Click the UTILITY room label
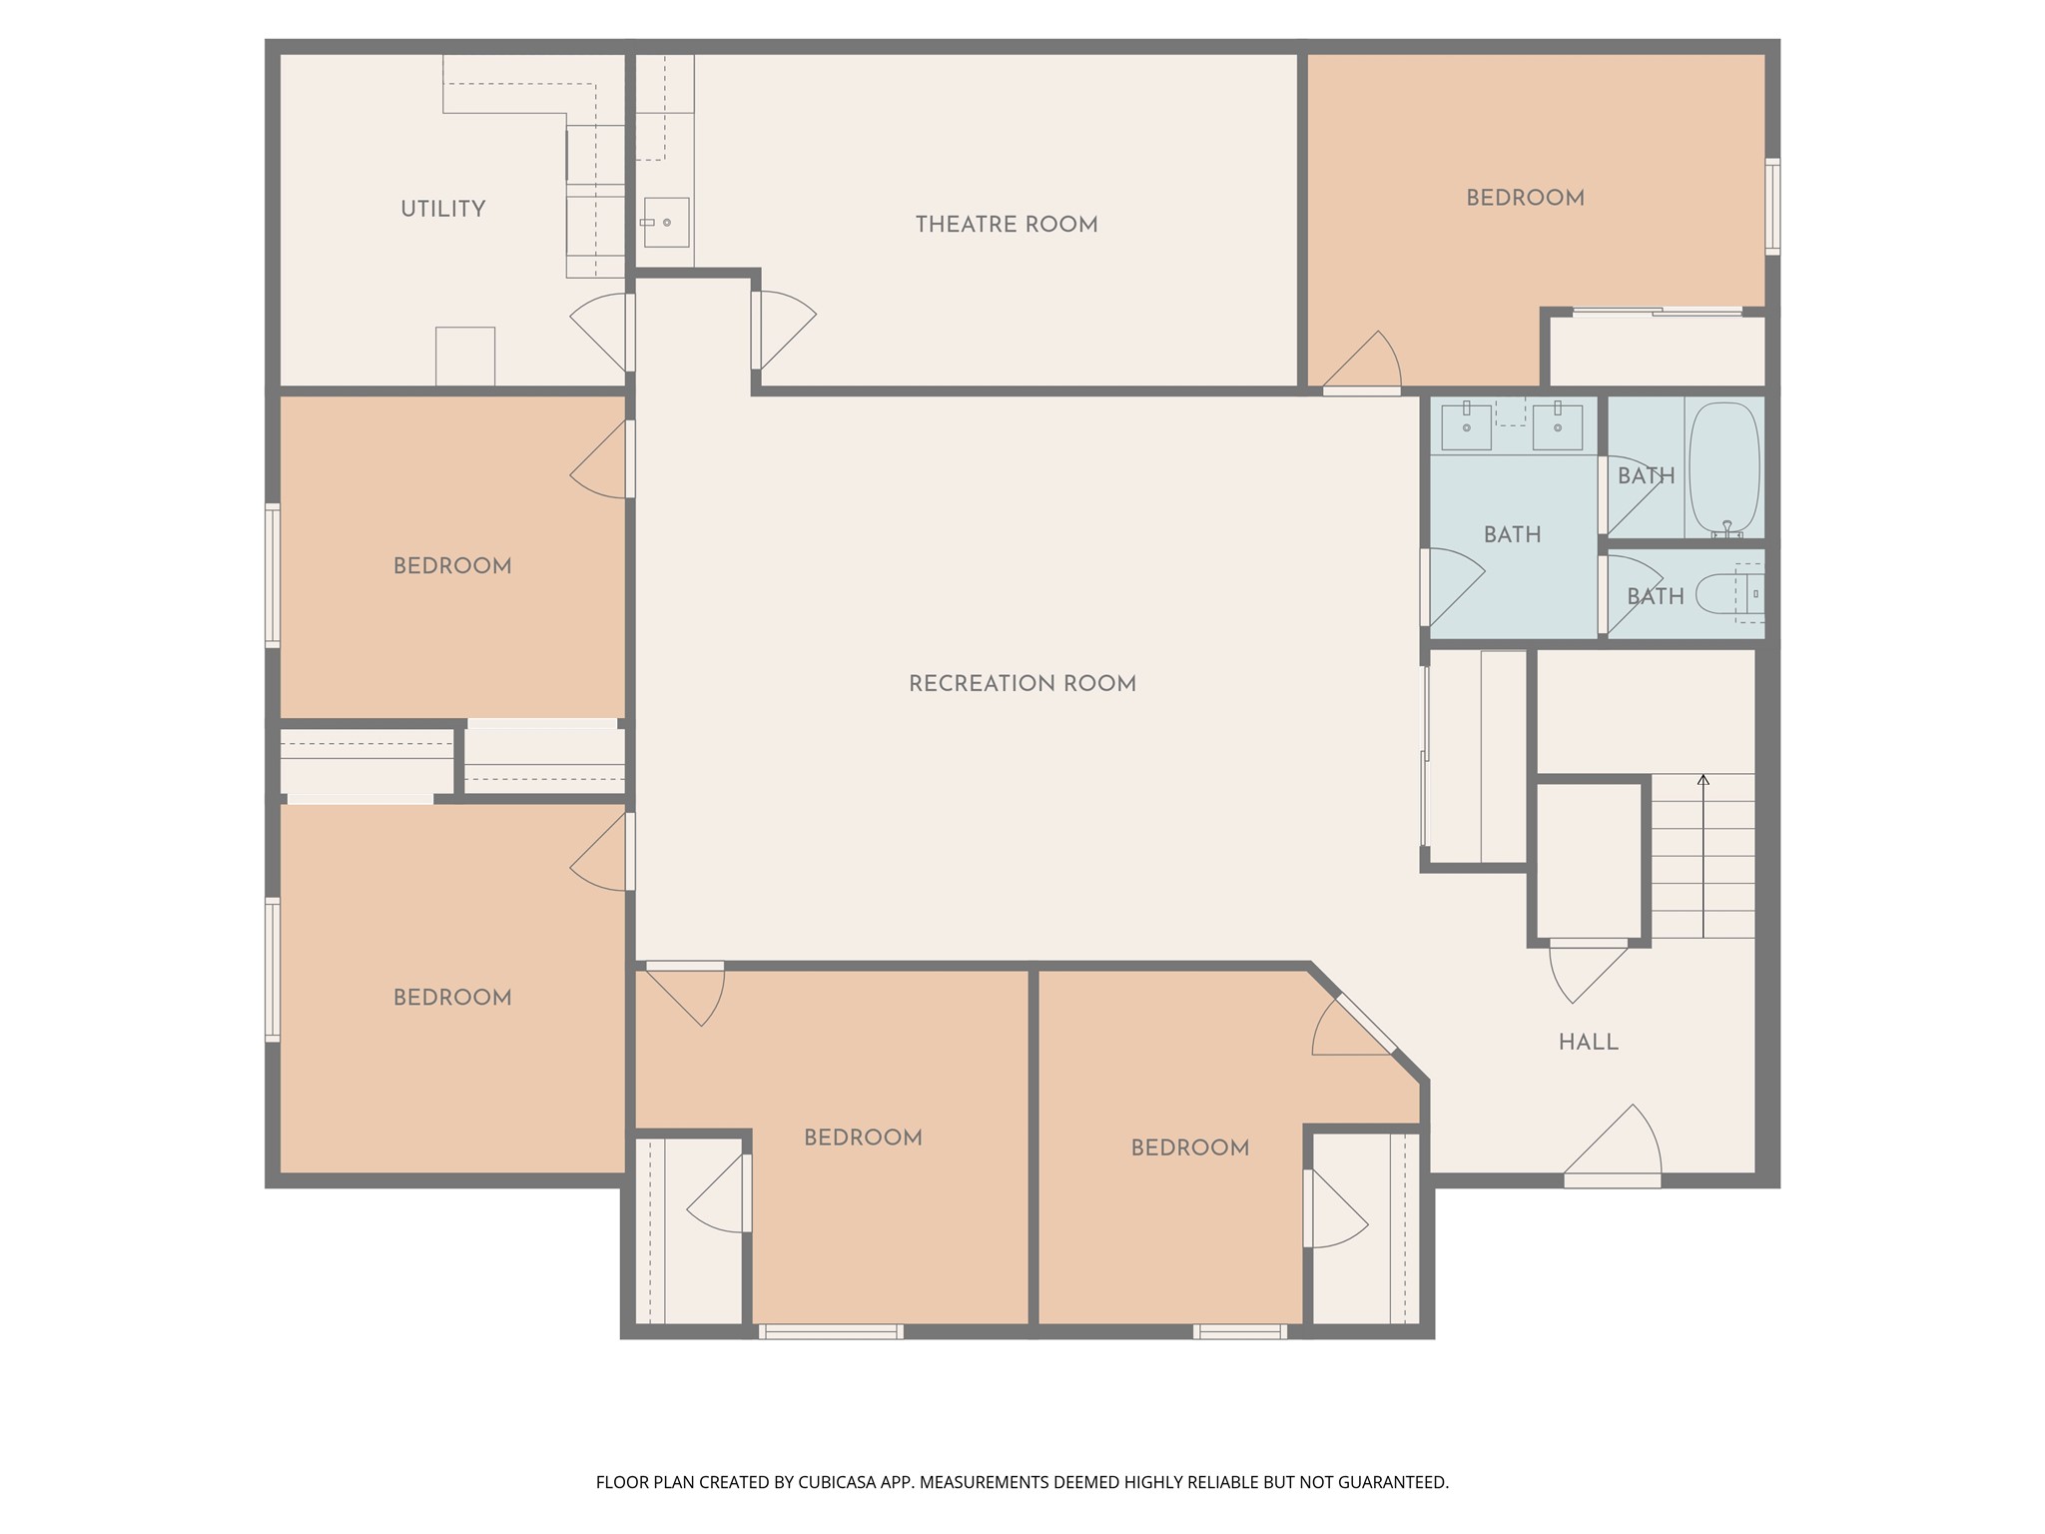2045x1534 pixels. click(x=442, y=210)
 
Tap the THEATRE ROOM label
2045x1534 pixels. click(x=1007, y=225)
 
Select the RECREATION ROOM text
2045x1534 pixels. click(x=1022, y=684)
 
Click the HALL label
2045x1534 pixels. click(x=1588, y=1043)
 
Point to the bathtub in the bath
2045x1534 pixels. click(x=1723, y=469)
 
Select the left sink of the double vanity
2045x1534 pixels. click(x=1466, y=427)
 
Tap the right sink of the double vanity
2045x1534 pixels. click(x=1557, y=427)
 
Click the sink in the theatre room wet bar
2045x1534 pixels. click(x=666, y=223)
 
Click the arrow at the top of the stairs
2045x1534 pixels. click(x=1704, y=780)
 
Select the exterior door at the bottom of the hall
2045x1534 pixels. click(x=1612, y=1179)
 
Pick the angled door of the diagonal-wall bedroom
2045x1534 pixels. click(x=1365, y=1024)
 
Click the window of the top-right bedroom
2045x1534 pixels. click(x=1771, y=206)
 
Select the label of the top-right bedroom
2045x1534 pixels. click(x=1525, y=198)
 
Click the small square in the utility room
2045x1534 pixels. click(x=464, y=356)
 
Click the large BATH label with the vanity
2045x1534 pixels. click(x=1512, y=535)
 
